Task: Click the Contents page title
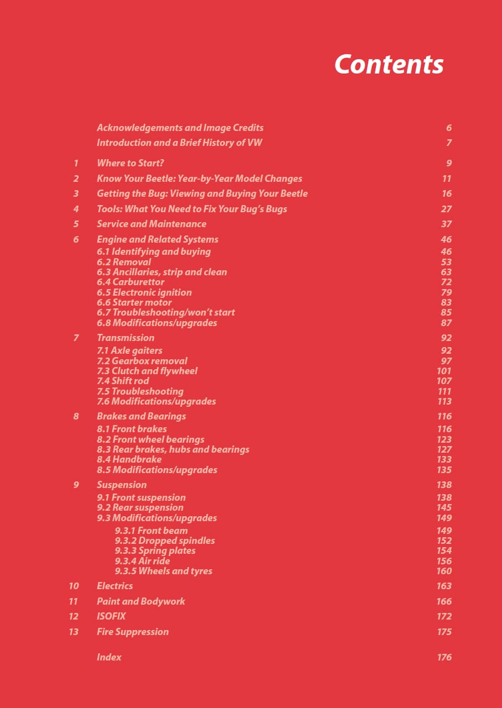coord(389,64)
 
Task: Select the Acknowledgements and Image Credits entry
coord(180,128)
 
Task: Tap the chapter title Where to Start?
coord(130,163)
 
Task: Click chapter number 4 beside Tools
coord(76,209)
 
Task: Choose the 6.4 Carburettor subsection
coord(130,282)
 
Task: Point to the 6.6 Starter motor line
coord(134,302)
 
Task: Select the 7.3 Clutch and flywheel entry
coord(147,371)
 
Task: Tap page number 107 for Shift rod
coord(444,381)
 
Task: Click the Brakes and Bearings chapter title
coord(141,416)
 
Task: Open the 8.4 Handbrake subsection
coord(129,459)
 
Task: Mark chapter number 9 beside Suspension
coord(76,485)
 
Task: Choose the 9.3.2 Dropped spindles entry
coord(165,541)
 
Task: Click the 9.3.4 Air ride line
coord(143,561)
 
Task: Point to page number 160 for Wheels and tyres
coord(444,571)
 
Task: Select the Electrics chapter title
coord(114,586)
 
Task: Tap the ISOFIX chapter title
coord(111,616)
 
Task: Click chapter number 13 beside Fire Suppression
coord(74,632)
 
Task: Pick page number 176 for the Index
coord(444,657)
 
